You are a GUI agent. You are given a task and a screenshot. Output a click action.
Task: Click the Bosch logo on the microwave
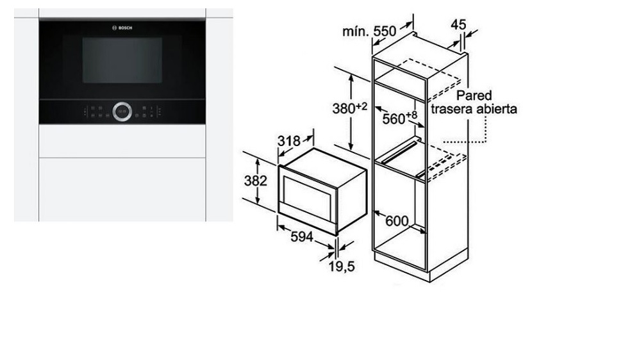click(122, 28)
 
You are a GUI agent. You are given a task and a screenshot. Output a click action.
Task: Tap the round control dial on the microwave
click(122, 111)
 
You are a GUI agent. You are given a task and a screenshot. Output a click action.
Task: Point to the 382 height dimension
click(255, 181)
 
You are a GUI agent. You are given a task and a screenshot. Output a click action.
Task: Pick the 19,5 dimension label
click(341, 266)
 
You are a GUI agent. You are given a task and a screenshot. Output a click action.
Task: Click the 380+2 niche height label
click(349, 108)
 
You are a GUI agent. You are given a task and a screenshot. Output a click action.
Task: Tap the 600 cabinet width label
click(397, 221)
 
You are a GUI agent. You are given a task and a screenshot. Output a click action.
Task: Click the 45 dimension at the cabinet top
click(458, 24)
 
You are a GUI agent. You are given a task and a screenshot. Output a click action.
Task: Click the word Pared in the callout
click(474, 95)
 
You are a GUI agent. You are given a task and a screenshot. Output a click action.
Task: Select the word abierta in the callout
click(492, 109)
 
